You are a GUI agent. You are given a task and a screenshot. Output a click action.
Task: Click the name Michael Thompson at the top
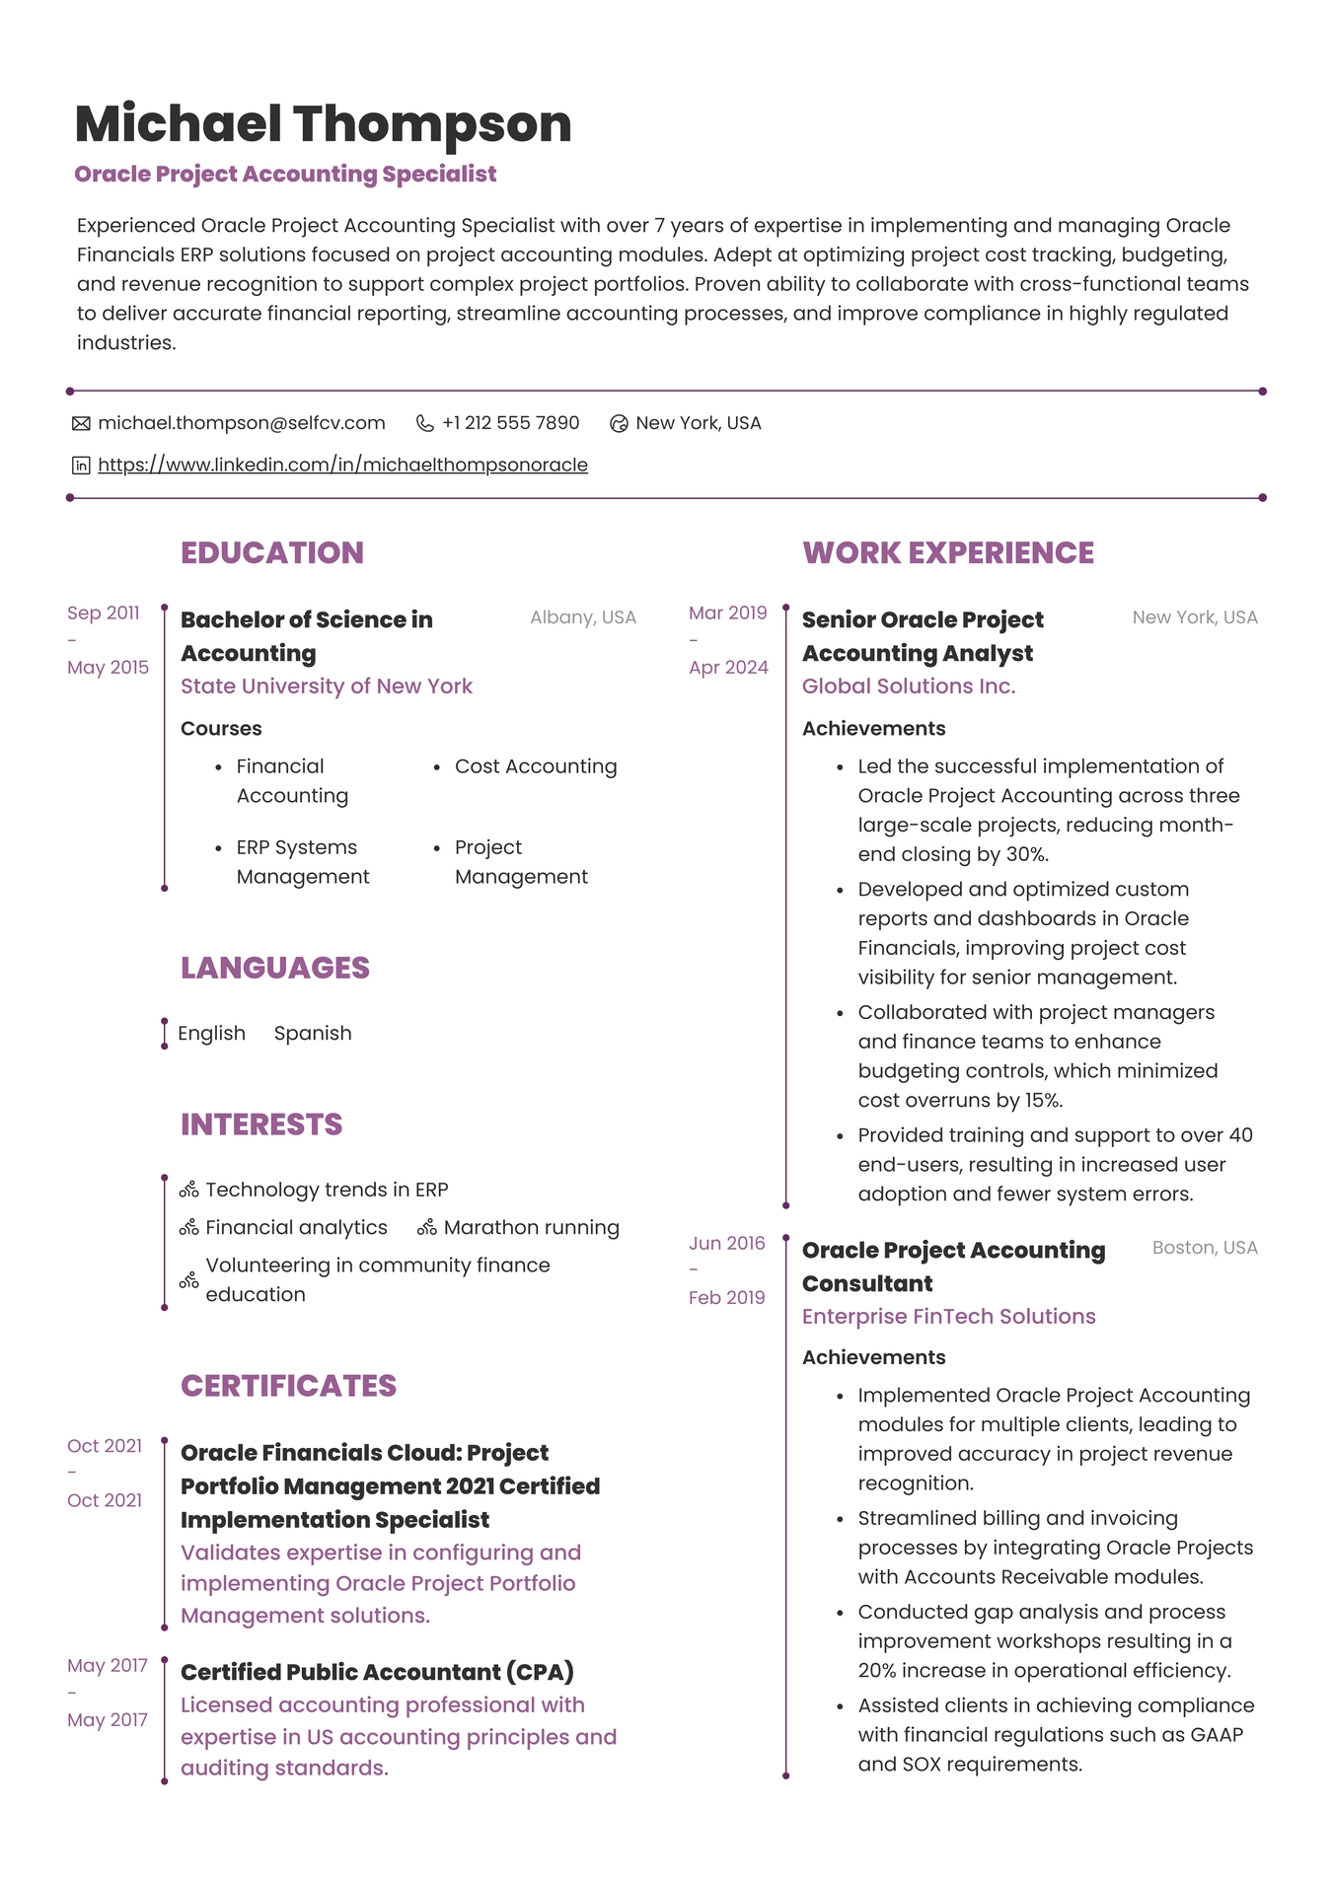tap(323, 124)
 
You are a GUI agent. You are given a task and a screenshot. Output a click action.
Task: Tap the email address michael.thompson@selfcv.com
tap(241, 423)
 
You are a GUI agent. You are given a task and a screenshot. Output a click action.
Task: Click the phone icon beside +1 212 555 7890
tap(425, 423)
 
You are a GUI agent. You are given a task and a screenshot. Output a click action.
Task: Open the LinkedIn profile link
tap(342, 465)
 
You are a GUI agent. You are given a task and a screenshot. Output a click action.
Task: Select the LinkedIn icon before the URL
tap(81, 466)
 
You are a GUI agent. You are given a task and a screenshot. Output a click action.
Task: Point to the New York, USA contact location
tap(698, 423)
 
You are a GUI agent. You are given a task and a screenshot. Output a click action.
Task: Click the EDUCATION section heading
tap(271, 552)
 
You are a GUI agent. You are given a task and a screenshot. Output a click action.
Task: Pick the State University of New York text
tap(326, 686)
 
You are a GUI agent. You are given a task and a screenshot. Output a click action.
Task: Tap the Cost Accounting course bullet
tap(535, 766)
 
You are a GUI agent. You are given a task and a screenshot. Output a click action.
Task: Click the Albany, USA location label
tap(582, 617)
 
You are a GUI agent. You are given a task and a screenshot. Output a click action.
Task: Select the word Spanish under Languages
tap(312, 1033)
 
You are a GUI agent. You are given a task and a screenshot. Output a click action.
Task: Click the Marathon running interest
tap(531, 1227)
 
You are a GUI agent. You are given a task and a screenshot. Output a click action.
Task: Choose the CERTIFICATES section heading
tap(288, 1386)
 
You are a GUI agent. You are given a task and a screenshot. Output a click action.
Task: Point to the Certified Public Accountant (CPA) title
tap(377, 1672)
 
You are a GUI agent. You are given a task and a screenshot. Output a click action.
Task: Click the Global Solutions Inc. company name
tap(908, 686)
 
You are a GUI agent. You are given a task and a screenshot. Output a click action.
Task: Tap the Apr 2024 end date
tap(728, 668)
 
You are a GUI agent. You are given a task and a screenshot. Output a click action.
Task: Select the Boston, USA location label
tap(1204, 1248)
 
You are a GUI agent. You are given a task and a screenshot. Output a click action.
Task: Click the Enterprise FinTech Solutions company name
tap(948, 1316)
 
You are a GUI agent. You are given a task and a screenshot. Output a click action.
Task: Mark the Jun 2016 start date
tap(726, 1243)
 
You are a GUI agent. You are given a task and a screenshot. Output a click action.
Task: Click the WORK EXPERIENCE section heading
tap(947, 552)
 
